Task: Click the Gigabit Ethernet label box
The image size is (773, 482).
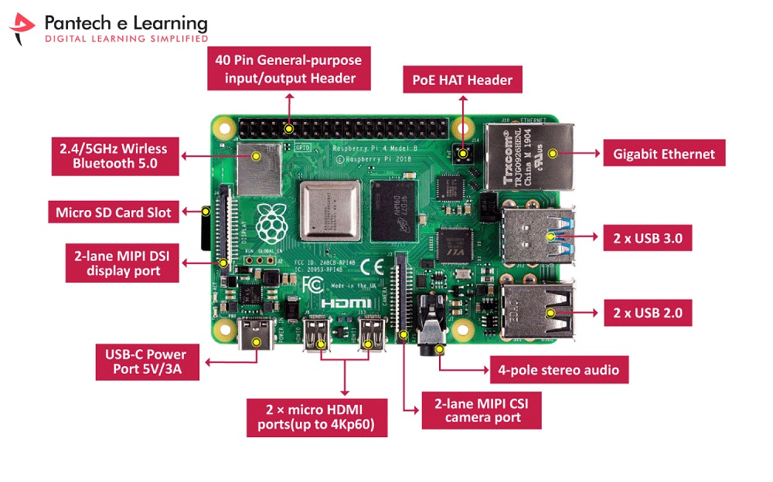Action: (x=664, y=154)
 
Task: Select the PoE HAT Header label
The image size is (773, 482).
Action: (x=462, y=80)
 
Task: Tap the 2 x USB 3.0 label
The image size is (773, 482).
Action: (x=647, y=238)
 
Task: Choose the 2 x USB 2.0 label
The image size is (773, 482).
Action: (x=647, y=313)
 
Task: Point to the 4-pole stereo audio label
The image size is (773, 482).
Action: (x=558, y=370)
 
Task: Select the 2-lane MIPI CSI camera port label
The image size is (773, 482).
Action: (x=482, y=410)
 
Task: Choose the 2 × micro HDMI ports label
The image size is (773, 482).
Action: (x=315, y=417)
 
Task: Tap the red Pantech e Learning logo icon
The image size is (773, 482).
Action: (x=23, y=29)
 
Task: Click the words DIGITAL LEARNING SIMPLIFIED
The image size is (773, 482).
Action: (x=127, y=38)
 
